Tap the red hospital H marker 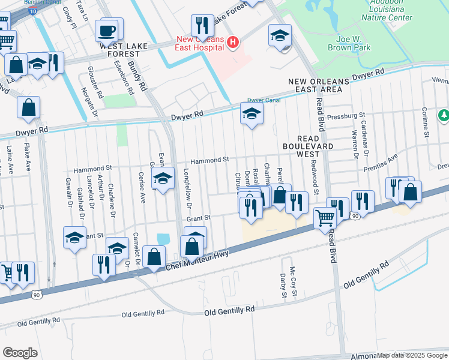[234, 42]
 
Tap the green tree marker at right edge [444, 115]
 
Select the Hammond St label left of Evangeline [93, 170]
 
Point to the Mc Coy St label [293, 277]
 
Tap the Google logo [20, 353]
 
